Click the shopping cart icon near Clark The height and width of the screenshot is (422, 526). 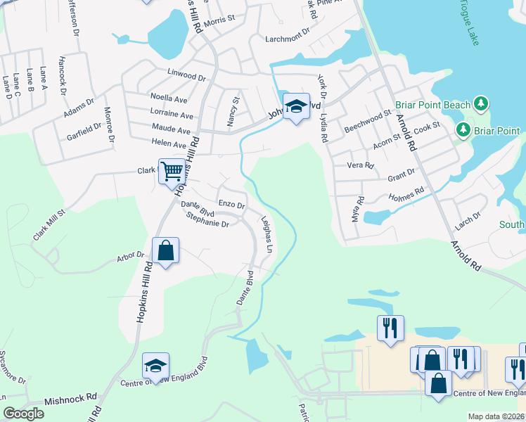172,171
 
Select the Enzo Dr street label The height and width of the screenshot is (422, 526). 231,204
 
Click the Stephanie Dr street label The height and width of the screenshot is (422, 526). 207,220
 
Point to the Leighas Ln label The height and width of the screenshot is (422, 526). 267,234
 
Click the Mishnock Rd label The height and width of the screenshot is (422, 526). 70,399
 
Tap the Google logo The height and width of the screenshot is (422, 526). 23,414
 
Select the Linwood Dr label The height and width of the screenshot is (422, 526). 186,72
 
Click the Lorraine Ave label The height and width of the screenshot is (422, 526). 172,115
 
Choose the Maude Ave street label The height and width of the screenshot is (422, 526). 171,130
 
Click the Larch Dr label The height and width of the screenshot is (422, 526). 468,219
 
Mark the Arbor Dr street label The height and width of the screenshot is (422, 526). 130,257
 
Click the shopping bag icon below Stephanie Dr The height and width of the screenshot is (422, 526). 165,250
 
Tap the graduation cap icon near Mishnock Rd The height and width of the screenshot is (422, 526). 156,366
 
